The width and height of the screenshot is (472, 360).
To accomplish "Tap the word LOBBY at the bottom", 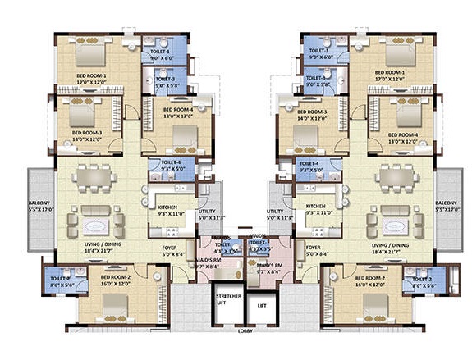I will [x=244, y=330].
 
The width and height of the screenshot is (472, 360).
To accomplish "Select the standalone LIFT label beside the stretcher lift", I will [x=263, y=303].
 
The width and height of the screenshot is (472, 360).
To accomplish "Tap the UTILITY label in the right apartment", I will [x=280, y=216].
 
